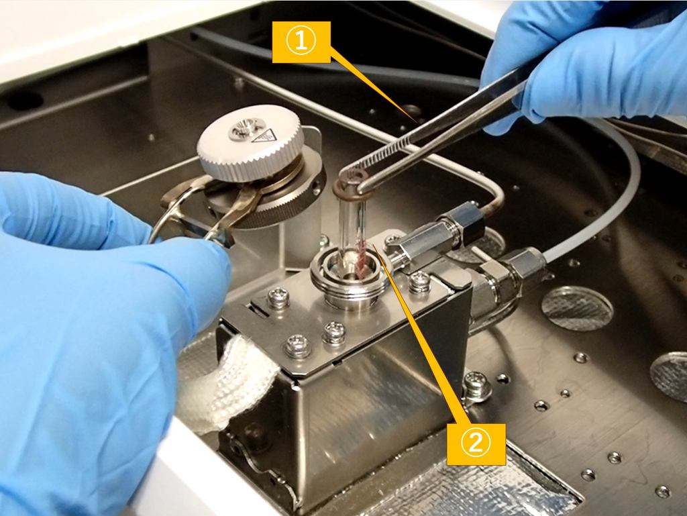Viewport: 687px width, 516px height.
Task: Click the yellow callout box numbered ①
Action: tap(301, 42)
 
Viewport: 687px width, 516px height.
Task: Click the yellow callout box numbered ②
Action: tap(476, 444)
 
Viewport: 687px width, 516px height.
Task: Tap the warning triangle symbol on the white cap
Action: tap(257, 138)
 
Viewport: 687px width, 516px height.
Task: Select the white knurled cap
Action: tap(250, 142)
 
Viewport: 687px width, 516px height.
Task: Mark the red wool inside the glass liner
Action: tap(362, 258)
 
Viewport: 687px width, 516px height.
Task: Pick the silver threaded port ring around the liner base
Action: tap(349, 280)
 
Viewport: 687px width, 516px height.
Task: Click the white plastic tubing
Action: tap(613, 184)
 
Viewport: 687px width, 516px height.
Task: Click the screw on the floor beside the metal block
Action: tap(476, 385)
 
